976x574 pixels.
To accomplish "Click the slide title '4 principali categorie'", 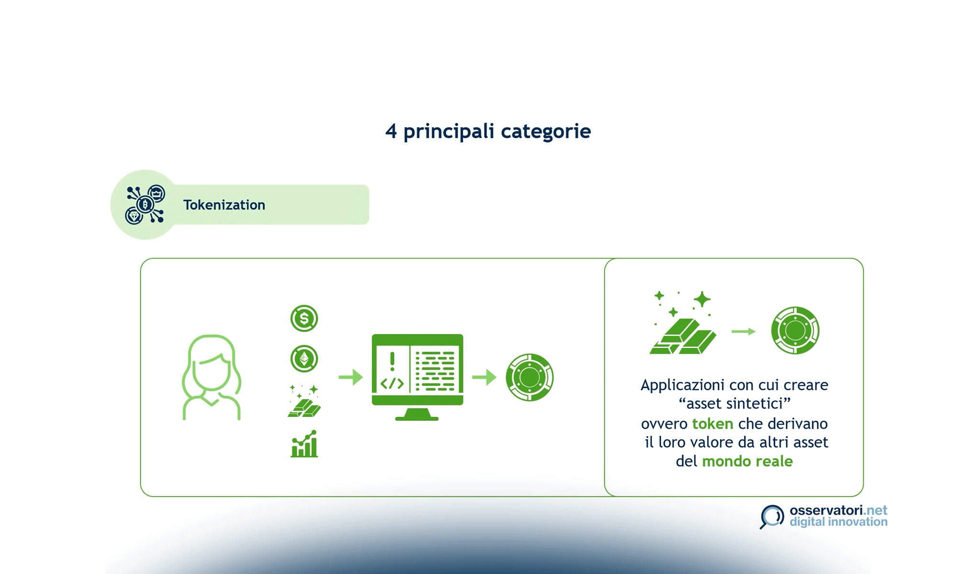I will [488, 131].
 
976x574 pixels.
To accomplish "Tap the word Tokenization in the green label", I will [224, 205].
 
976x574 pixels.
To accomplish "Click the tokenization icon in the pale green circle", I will [145, 205].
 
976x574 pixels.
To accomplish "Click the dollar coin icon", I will [304, 318].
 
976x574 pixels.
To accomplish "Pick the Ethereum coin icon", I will [304, 358].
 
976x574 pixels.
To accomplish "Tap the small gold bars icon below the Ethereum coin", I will [304, 401].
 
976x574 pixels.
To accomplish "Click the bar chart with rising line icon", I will [304, 444].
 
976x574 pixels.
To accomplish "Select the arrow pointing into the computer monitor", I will [351, 377].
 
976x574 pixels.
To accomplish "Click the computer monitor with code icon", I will [417, 377].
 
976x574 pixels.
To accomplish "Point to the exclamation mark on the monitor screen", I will [392, 361].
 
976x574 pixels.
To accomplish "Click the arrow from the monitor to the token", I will [484, 377].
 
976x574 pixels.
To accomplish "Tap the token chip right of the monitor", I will [530, 377].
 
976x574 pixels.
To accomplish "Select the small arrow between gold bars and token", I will [743, 331].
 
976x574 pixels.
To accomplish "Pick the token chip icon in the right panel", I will [795, 331].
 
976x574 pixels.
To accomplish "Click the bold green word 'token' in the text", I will [712, 424].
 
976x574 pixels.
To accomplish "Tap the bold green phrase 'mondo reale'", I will [747, 461].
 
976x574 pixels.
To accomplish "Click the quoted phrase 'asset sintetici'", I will [734, 404].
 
